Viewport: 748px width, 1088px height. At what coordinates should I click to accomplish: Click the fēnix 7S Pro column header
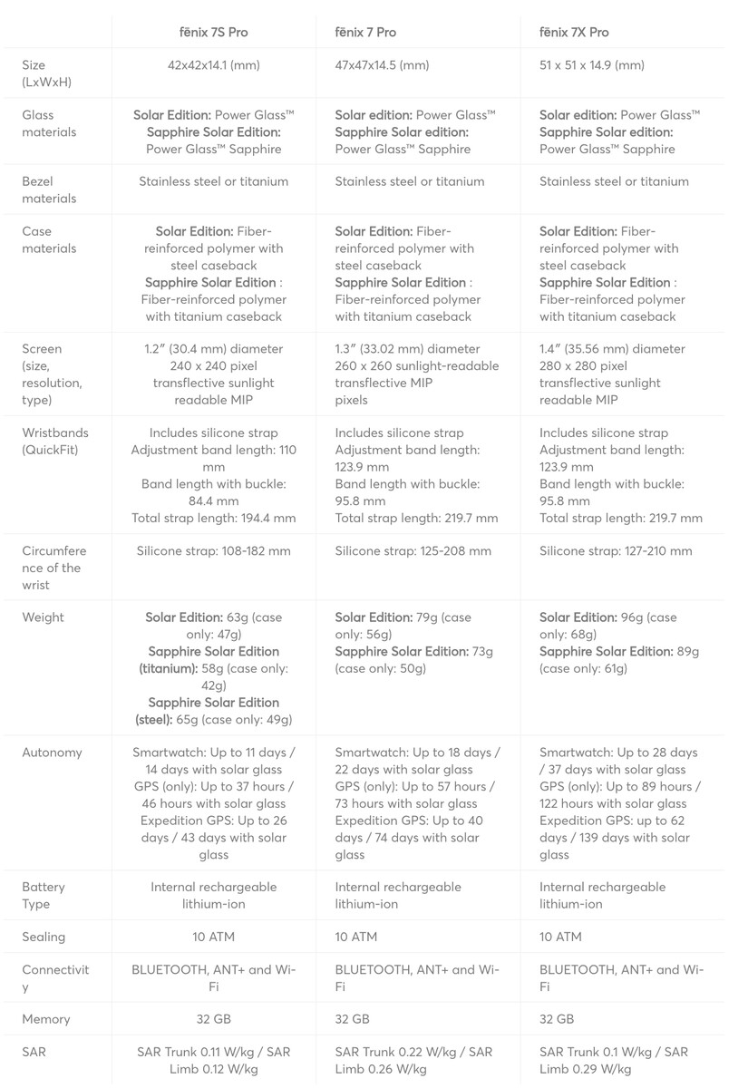pyautogui.click(x=213, y=33)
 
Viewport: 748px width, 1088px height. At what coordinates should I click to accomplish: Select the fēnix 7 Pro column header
pyautogui.click(x=365, y=33)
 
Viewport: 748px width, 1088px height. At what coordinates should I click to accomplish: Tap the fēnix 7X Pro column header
pyautogui.click(x=574, y=33)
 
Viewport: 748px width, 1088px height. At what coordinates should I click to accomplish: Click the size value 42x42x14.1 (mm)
pyautogui.click(x=213, y=65)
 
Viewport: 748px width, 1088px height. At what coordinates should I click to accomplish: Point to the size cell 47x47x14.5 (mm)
pyautogui.click(x=382, y=65)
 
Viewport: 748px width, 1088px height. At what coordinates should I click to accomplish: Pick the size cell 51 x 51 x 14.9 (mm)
pyautogui.click(x=592, y=65)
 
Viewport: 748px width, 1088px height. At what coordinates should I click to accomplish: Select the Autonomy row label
pyautogui.click(x=52, y=753)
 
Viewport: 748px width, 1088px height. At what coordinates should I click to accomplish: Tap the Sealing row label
pyautogui.click(x=44, y=937)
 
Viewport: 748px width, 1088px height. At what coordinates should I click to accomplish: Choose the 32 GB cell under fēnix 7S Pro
pyautogui.click(x=213, y=1019)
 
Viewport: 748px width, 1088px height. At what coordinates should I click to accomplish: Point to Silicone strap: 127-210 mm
pyautogui.click(x=616, y=551)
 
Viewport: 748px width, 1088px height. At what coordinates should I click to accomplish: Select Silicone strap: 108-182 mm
pyautogui.click(x=213, y=551)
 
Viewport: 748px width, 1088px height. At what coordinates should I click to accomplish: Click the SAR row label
pyautogui.click(x=34, y=1053)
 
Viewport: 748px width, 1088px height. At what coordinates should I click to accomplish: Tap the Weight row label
pyautogui.click(x=44, y=617)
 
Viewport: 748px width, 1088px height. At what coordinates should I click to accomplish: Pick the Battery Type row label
pyautogui.click(x=44, y=895)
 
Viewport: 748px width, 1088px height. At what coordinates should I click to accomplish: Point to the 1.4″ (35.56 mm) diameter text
pyautogui.click(x=612, y=349)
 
